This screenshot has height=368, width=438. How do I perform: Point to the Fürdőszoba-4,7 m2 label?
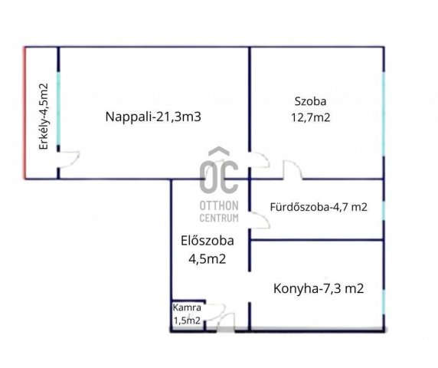(x=319, y=206)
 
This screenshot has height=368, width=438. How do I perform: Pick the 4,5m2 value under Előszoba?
(x=207, y=258)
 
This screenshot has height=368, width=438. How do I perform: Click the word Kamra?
(x=187, y=307)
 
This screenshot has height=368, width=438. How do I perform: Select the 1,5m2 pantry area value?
(x=187, y=320)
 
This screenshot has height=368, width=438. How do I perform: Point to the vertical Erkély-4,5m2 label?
(x=43, y=114)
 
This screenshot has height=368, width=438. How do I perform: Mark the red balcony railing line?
(x=25, y=113)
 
